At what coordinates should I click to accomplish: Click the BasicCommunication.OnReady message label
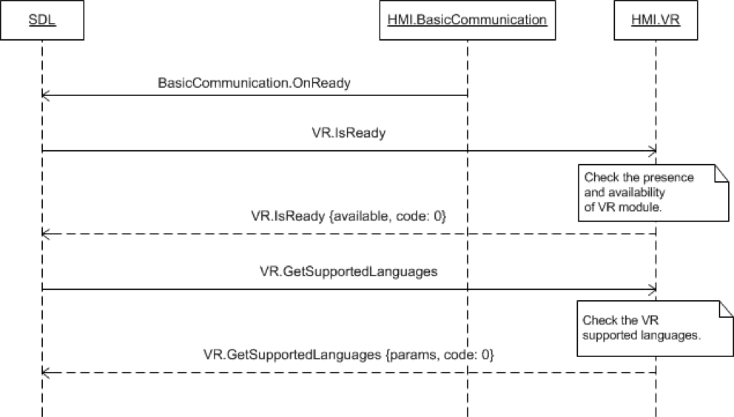click(254, 83)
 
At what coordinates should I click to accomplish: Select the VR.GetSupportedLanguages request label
click(349, 271)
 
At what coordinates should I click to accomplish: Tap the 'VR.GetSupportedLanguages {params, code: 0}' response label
click(349, 355)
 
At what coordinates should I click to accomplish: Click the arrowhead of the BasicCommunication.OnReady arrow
click(46, 95)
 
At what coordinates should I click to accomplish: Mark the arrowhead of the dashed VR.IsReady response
click(46, 234)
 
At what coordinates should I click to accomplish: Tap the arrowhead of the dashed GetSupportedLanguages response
click(46, 372)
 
